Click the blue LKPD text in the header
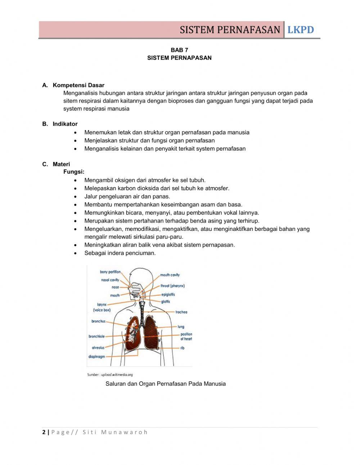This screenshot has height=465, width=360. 301,30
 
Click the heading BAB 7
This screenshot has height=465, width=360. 179,50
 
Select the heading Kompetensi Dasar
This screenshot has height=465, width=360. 78,85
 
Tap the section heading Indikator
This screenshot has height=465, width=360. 65,124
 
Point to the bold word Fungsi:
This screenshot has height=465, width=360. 74,172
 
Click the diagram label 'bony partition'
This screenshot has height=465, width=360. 110,272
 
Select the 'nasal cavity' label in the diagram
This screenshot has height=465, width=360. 110,280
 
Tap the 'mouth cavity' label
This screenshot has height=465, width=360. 170,275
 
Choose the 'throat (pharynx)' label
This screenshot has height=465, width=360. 172,286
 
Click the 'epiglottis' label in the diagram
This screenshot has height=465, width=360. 168,294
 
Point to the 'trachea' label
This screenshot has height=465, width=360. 181,312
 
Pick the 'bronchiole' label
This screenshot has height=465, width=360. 96,336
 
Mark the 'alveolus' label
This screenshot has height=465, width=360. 98,348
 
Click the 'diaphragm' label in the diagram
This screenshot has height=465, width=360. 96,357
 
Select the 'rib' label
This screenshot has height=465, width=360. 182,348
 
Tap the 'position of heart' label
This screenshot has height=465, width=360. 186,336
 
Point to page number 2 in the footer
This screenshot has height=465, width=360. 44,432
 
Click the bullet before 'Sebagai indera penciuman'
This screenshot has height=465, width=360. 75,253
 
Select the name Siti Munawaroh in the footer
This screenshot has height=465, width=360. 115,432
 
